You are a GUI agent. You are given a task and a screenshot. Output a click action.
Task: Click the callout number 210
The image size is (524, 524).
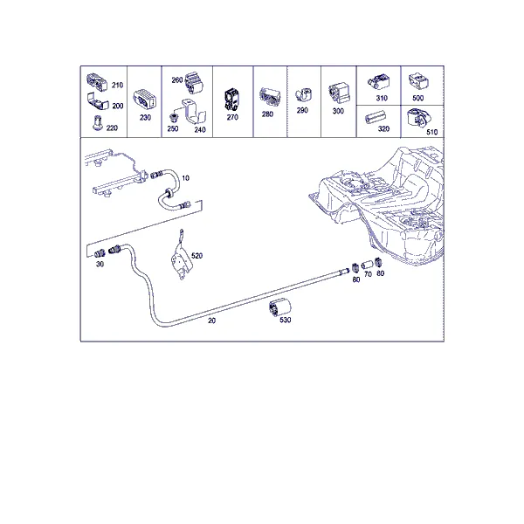click(x=117, y=86)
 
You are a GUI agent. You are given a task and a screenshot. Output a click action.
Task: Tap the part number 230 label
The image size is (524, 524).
click(x=145, y=117)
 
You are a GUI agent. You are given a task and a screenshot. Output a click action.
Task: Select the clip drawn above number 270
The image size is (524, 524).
click(x=232, y=100)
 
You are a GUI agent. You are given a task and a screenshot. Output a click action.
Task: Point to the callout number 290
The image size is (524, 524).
click(x=302, y=110)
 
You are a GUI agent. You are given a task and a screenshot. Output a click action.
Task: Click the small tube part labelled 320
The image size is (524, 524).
click(x=375, y=118)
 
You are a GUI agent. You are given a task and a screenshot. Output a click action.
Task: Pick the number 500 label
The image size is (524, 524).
click(x=418, y=98)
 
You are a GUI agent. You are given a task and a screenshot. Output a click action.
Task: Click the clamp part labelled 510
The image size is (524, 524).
click(x=419, y=118)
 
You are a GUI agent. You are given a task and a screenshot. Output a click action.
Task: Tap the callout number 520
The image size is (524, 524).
click(x=196, y=256)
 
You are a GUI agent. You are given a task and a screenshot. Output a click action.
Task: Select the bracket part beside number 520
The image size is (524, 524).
click(x=181, y=256)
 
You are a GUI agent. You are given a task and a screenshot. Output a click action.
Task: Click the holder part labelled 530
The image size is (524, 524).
click(x=279, y=307)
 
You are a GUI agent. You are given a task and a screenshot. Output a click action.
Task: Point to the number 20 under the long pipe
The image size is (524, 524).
click(x=212, y=321)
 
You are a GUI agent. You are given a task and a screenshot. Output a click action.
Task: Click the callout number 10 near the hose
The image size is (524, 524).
click(x=185, y=178)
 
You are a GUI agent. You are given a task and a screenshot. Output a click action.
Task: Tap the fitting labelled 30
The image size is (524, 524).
click(x=100, y=253)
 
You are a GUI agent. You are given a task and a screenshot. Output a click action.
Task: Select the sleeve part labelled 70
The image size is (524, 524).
click(x=367, y=265)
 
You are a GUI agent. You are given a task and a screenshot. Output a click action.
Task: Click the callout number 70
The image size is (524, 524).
click(x=368, y=274)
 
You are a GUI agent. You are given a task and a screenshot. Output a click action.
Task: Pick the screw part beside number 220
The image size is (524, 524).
click(x=97, y=122)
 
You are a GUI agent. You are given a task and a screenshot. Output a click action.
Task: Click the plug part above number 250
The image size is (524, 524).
click(x=174, y=118)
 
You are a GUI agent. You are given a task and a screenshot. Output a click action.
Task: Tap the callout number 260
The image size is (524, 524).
click(x=177, y=80)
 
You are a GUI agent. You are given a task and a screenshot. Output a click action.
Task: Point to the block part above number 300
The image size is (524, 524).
click(x=339, y=93)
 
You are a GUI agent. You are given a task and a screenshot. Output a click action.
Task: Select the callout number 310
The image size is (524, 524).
click(x=382, y=98)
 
